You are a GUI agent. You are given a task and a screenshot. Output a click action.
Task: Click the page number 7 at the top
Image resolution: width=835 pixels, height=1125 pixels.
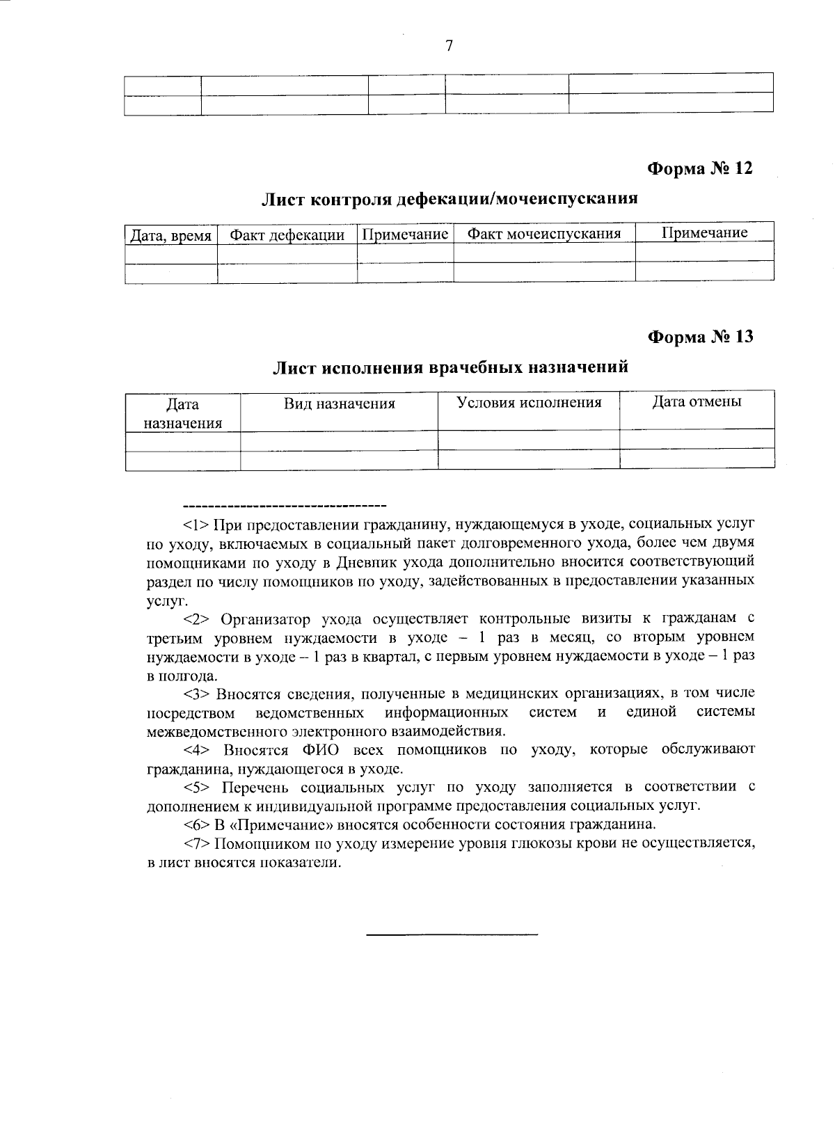click(449, 46)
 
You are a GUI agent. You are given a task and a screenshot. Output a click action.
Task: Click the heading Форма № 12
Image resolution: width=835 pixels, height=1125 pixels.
click(700, 168)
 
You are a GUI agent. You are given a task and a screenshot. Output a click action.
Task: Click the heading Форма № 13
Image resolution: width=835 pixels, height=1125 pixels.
click(700, 337)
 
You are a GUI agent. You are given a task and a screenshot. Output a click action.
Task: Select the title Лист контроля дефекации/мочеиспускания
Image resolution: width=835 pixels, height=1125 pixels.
click(449, 199)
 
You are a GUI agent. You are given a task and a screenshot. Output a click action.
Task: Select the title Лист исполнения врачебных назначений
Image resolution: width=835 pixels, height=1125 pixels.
click(450, 367)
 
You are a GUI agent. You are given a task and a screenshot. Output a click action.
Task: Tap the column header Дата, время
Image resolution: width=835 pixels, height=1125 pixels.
click(171, 235)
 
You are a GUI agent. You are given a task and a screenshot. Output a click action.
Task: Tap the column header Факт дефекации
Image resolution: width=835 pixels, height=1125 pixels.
click(287, 234)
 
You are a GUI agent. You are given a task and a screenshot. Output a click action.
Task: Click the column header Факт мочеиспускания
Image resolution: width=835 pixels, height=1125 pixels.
click(543, 233)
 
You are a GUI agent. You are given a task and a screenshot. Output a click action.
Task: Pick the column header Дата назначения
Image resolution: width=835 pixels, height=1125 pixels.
click(182, 413)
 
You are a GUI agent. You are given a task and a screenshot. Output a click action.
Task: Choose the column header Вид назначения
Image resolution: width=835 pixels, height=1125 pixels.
click(339, 404)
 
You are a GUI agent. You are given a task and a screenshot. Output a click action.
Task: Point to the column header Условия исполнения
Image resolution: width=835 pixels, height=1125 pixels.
click(528, 402)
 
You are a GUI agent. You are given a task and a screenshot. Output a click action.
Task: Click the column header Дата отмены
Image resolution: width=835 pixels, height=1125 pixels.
click(697, 401)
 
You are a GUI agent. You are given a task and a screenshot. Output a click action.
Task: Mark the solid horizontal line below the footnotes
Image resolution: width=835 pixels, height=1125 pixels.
click(452, 932)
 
